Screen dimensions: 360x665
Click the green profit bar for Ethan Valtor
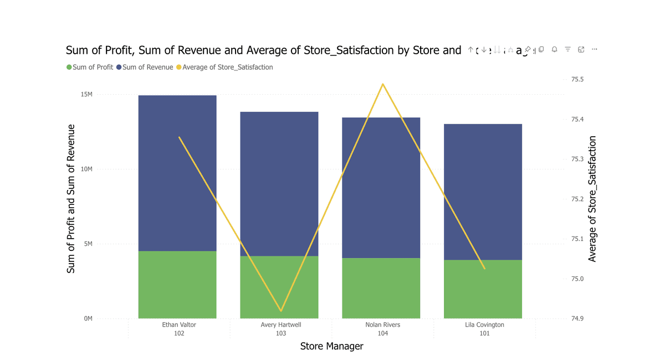coord(177,285)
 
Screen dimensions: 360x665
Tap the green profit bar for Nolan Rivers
coord(381,288)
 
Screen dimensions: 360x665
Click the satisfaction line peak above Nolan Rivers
coord(382,84)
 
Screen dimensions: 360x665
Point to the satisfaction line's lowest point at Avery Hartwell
coord(281,311)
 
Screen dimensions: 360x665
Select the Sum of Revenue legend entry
coord(147,67)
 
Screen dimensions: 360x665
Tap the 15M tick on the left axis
coord(87,94)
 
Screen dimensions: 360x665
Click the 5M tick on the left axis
coord(88,244)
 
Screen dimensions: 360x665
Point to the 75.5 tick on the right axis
coord(577,80)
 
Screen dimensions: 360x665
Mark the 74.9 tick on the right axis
coord(577,318)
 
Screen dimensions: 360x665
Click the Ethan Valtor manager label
coord(178,325)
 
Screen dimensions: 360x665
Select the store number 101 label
coord(484,333)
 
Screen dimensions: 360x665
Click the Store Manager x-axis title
coord(331,346)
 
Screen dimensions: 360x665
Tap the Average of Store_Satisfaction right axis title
coord(592,199)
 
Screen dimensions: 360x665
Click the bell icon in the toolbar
coord(554,50)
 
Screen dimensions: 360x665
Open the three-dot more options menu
coord(594,50)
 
